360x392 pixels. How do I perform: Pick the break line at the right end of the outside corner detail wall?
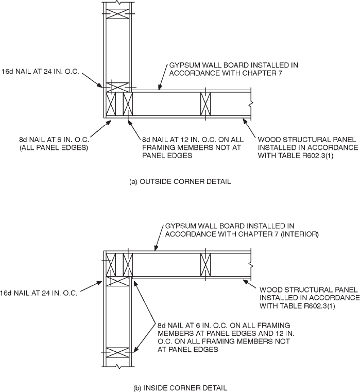click(250, 105)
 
